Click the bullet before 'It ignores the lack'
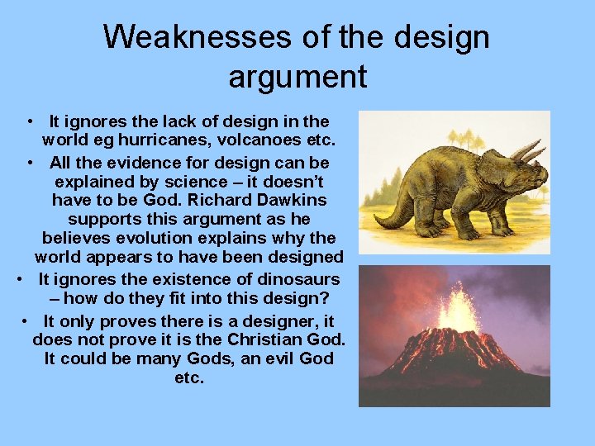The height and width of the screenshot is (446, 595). tap(29, 121)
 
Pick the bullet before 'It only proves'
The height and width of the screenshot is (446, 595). tap(27, 320)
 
